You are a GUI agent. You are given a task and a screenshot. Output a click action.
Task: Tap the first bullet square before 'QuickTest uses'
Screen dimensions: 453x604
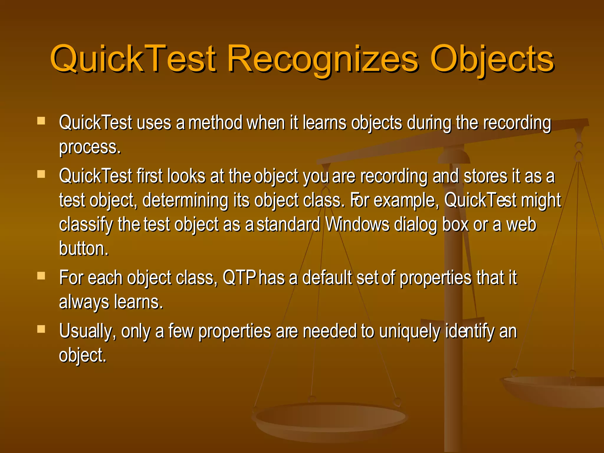coord(41,121)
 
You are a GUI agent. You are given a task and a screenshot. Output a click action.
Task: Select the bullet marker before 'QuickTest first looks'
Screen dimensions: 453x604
coord(41,174)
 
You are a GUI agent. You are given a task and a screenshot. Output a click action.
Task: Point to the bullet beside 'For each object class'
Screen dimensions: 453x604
coord(41,276)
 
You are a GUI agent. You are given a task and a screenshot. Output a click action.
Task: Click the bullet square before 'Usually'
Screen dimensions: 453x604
coord(41,329)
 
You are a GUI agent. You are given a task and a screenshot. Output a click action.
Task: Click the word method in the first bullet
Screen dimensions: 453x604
coord(215,123)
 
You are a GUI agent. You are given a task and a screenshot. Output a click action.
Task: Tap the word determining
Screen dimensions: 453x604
coord(185,201)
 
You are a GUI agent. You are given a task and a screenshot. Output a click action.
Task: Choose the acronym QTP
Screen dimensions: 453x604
coord(239,278)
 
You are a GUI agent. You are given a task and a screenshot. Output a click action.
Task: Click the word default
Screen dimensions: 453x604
coord(327,278)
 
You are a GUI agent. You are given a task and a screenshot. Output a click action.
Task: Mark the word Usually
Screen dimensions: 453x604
coord(85,331)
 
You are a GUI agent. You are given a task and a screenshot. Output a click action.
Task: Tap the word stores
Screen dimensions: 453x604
coord(485,176)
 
